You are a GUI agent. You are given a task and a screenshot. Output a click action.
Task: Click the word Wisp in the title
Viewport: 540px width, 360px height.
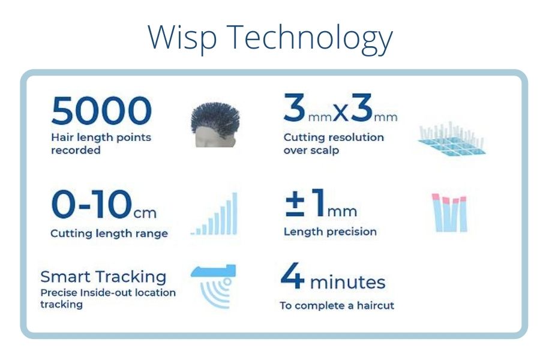click(182, 38)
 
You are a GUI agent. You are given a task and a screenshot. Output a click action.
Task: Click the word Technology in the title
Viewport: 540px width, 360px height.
click(310, 38)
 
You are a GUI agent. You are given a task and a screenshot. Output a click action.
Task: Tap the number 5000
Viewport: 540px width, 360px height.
click(101, 110)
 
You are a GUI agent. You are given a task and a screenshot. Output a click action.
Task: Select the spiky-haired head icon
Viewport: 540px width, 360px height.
click(215, 125)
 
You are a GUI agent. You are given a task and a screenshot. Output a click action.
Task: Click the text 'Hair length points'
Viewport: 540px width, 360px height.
click(101, 137)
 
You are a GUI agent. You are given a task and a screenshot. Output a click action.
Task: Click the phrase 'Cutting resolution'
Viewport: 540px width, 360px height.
click(334, 137)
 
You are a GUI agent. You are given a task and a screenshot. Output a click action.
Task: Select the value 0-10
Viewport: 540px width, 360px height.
click(92, 204)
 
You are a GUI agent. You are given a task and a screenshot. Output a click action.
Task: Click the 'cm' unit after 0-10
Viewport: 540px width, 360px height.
click(145, 213)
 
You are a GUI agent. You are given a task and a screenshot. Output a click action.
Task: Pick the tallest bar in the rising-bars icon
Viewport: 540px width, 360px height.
click(235, 213)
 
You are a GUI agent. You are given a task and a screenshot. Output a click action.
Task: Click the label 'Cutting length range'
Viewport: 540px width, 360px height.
click(109, 233)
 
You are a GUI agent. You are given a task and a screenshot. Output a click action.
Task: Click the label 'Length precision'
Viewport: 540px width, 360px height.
click(330, 232)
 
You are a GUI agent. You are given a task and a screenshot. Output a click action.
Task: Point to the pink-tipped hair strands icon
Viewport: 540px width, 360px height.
click(449, 212)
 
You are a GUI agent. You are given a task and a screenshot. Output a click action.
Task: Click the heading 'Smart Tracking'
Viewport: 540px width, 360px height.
click(103, 277)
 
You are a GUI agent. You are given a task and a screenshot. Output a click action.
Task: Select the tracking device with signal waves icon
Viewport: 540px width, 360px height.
click(214, 286)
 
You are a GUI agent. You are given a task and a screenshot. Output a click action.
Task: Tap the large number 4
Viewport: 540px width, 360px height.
click(292, 275)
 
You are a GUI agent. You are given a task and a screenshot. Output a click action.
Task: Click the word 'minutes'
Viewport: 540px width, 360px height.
click(347, 282)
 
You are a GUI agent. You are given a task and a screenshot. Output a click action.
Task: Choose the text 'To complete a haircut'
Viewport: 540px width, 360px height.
click(337, 305)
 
